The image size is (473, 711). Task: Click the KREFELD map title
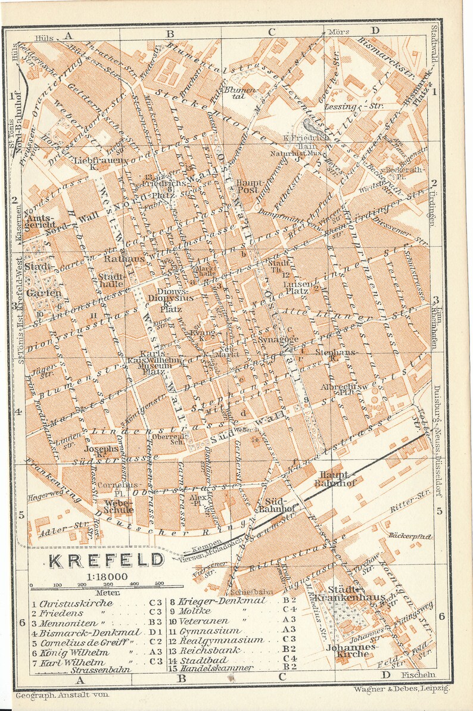(x=106, y=560)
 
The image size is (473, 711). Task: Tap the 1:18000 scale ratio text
(x=105, y=576)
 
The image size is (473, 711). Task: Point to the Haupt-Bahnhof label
(x=337, y=479)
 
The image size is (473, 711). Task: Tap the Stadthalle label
(x=112, y=280)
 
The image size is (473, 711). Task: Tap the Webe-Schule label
(x=118, y=506)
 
